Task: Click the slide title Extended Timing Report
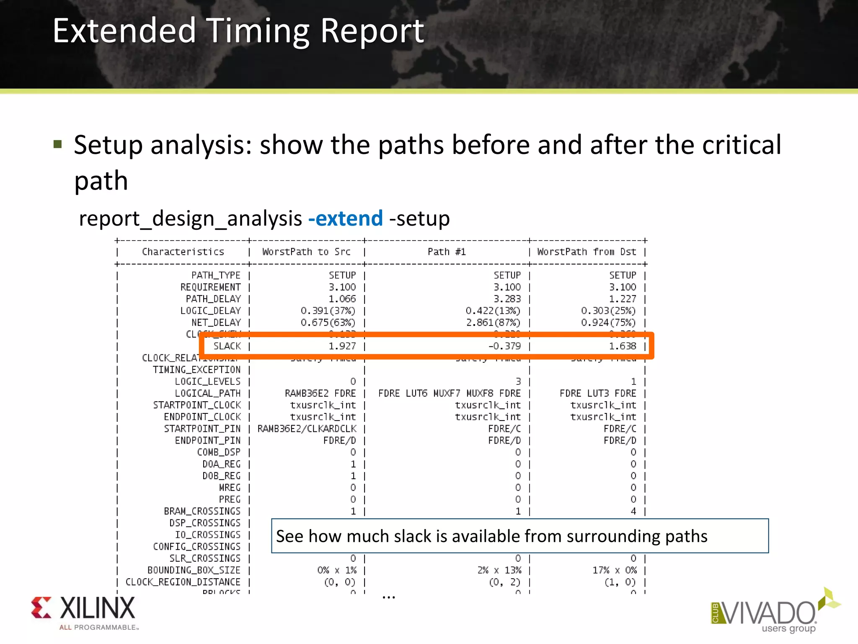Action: (x=238, y=31)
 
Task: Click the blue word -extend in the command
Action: (x=345, y=218)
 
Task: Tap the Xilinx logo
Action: (x=84, y=612)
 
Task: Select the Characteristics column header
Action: (x=183, y=252)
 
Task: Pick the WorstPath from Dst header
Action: (x=587, y=252)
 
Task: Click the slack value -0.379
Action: (x=504, y=346)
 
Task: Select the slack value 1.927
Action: (x=342, y=346)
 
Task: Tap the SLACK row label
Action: (x=227, y=346)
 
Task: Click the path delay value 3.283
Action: (x=507, y=299)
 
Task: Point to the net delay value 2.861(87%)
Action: (x=493, y=323)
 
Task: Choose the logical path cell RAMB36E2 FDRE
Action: (x=320, y=393)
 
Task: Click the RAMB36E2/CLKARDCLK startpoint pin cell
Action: (x=307, y=429)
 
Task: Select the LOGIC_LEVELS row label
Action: (x=207, y=382)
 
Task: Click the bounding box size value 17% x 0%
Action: (x=614, y=570)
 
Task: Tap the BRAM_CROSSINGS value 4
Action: (x=633, y=512)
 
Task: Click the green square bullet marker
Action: (x=58, y=145)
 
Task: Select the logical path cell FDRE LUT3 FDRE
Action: (x=597, y=393)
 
